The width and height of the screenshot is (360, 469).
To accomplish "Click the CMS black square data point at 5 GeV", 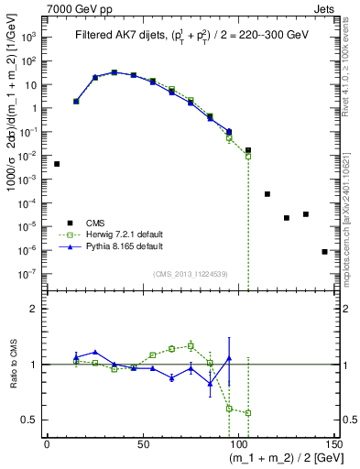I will (x=57, y=164).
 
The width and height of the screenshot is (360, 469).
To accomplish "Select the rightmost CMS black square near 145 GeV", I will (x=324, y=251).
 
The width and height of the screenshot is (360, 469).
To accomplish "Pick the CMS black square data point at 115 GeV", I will (x=267, y=194).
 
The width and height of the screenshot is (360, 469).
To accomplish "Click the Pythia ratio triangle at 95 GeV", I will (x=229, y=358).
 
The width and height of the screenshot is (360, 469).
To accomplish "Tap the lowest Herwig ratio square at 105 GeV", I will (x=248, y=412).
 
